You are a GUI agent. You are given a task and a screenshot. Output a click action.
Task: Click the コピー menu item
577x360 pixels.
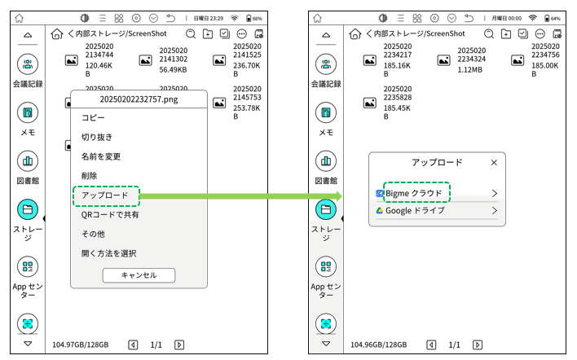(x=94, y=118)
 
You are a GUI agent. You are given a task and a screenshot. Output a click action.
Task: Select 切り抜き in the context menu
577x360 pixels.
(x=97, y=138)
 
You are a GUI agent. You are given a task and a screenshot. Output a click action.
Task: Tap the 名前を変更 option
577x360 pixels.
(x=101, y=156)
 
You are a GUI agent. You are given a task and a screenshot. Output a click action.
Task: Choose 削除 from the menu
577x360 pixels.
(x=90, y=176)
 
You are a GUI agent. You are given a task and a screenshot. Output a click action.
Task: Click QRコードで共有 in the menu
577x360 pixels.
(x=110, y=215)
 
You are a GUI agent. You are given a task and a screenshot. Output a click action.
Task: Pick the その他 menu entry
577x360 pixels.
(x=93, y=234)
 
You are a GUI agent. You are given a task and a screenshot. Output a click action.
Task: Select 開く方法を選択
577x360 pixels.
(x=108, y=253)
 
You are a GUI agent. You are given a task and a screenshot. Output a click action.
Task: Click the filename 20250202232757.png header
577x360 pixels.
(x=139, y=99)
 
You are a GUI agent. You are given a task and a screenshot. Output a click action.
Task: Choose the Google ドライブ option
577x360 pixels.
(x=415, y=210)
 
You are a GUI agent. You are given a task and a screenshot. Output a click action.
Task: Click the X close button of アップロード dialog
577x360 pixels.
(x=494, y=163)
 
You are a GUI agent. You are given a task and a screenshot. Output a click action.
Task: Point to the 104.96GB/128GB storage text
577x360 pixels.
(x=378, y=345)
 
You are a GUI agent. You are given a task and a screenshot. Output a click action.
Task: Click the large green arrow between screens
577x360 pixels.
(x=244, y=196)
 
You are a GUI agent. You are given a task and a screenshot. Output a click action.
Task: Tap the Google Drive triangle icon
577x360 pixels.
(x=380, y=210)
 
